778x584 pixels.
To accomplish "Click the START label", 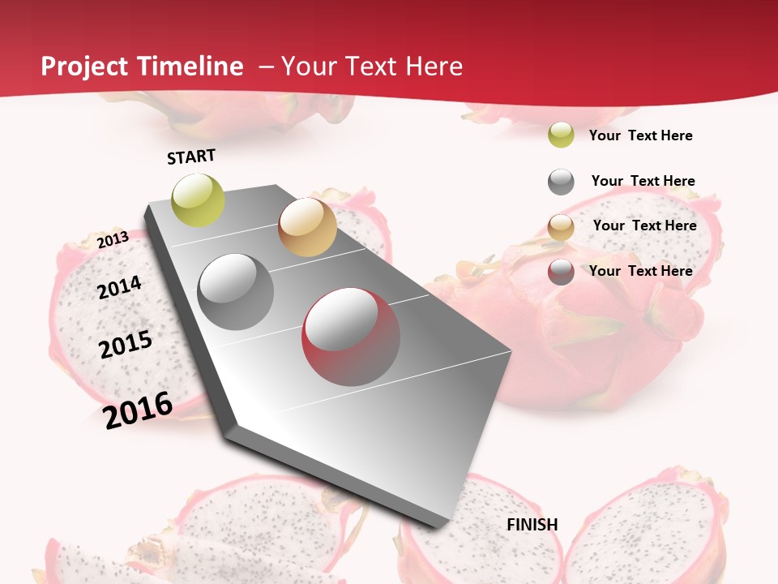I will pyautogui.click(x=191, y=157).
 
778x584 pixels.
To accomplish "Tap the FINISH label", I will pyautogui.click(x=532, y=525).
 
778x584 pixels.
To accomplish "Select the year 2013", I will pyautogui.click(x=113, y=239).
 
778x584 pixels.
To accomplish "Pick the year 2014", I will pyautogui.click(x=119, y=287).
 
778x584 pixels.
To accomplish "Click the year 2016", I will pyautogui.click(x=139, y=410).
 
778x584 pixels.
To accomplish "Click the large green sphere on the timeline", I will pyautogui.click(x=198, y=200).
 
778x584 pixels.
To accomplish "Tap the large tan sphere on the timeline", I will pyautogui.click(x=307, y=227).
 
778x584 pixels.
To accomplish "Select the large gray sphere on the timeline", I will pyautogui.click(x=236, y=292).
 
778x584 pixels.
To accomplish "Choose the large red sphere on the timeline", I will pyautogui.click(x=351, y=337).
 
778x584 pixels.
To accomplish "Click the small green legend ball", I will pyautogui.click(x=561, y=135).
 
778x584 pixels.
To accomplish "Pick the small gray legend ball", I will pyautogui.click(x=561, y=182).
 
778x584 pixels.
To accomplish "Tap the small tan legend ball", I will pyautogui.click(x=561, y=227).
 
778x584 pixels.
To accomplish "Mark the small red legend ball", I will pyautogui.click(x=561, y=272).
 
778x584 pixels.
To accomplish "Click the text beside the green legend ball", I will pyautogui.click(x=640, y=135).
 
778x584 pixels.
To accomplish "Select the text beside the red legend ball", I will pyautogui.click(x=640, y=271).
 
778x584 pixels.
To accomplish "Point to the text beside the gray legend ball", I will pyautogui.click(x=643, y=181).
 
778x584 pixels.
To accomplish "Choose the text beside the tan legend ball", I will pyautogui.click(x=644, y=225).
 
